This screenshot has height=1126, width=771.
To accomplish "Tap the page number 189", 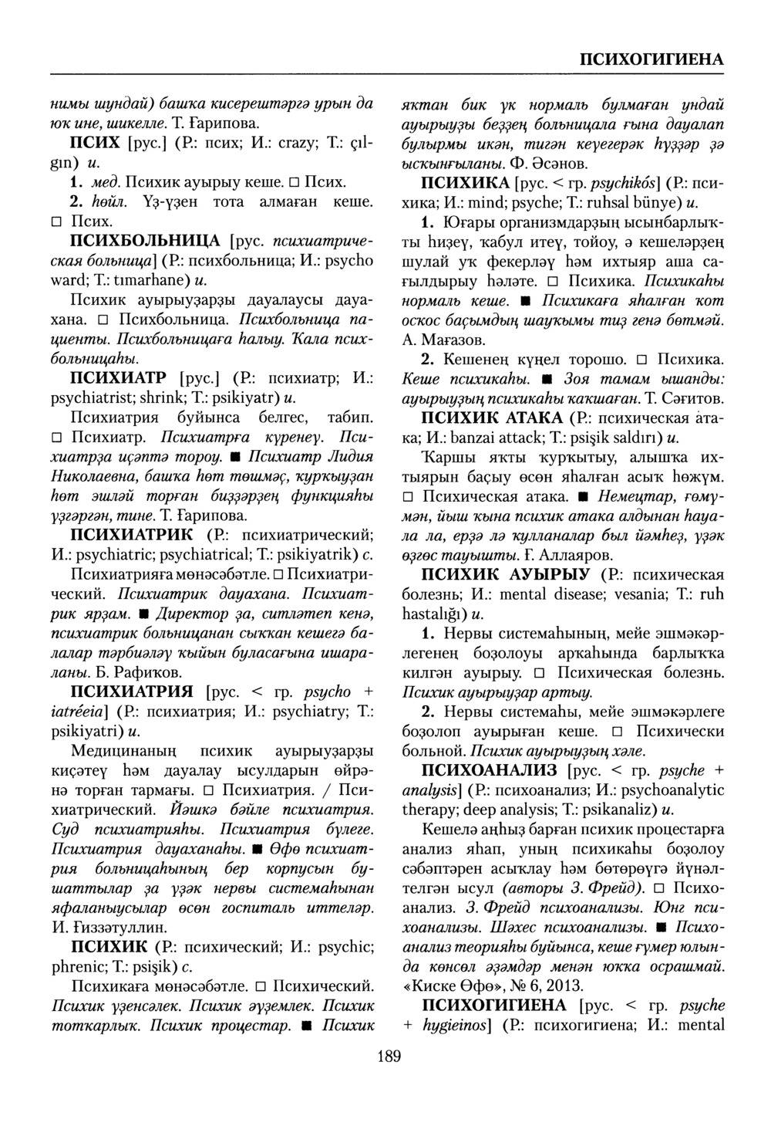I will click(389, 1057).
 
